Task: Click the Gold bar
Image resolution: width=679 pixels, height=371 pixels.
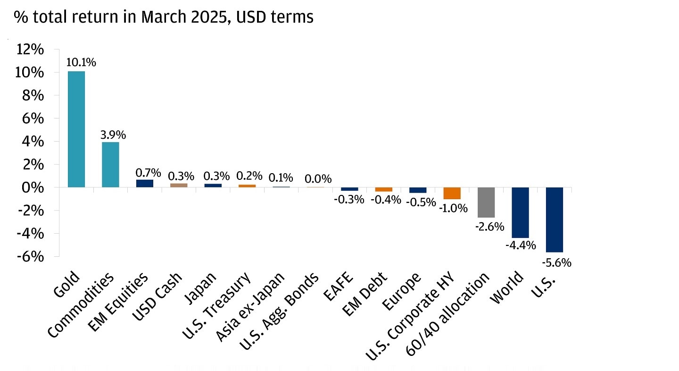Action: [76, 129]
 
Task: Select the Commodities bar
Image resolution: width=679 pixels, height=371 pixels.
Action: [110, 165]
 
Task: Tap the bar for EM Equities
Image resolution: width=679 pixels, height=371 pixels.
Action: [145, 183]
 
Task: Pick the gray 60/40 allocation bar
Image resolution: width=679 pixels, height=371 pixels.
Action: [486, 202]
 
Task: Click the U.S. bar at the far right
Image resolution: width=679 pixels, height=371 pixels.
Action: [554, 219]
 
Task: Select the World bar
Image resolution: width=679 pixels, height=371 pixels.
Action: [520, 212]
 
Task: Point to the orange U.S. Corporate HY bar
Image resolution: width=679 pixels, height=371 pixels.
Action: [452, 193]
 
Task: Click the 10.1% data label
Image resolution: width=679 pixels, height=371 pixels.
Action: [82, 62]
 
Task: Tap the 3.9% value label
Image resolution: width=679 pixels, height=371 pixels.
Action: [113, 135]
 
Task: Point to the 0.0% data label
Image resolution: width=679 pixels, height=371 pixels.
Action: [318, 179]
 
